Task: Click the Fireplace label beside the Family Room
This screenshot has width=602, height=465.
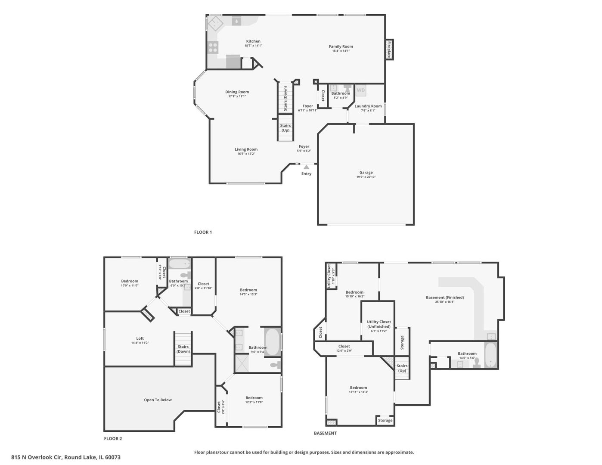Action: [x=389, y=49]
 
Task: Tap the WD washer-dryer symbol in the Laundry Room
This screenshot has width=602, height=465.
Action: [x=361, y=90]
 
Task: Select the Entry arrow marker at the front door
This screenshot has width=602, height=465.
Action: [x=306, y=167]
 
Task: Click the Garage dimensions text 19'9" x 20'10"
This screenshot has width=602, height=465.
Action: [x=366, y=177]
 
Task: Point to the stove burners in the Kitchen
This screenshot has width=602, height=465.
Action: [x=213, y=47]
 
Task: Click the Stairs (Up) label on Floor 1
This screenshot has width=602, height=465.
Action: [x=285, y=128]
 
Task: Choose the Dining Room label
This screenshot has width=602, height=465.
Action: [x=237, y=92]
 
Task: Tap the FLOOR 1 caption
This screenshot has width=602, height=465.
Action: [x=203, y=232]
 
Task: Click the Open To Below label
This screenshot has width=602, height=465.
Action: [x=158, y=400]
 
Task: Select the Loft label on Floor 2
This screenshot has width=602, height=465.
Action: [x=140, y=338]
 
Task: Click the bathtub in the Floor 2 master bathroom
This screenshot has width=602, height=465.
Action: [x=272, y=342]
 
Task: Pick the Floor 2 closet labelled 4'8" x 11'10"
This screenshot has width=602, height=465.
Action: [x=203, y=286]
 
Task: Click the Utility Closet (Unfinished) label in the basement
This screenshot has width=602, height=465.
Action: [x=379, y=324]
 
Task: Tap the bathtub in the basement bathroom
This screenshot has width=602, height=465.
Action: [x=491, y=355]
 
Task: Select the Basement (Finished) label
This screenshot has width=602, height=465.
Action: [x=445, y=298]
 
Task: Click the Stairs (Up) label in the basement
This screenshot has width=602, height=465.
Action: [x=402, y=368]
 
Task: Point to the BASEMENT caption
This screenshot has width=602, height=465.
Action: [x=325, y=433]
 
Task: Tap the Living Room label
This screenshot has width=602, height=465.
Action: [x=246, y=149]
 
